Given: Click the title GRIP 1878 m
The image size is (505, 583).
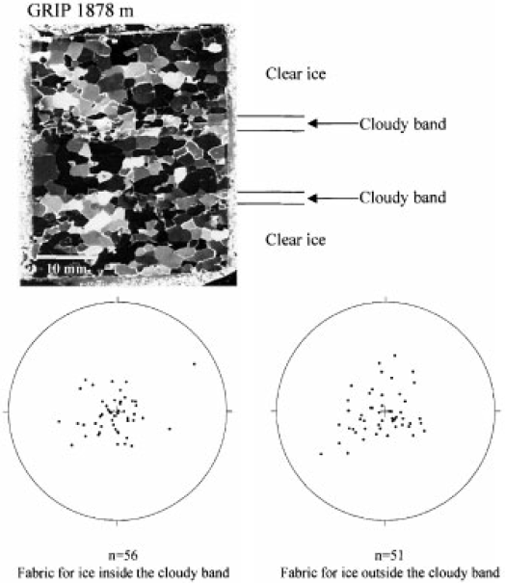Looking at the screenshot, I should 80,11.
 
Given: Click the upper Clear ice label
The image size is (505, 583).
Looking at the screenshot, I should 295,74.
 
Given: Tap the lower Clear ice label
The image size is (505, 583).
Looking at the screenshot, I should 295,240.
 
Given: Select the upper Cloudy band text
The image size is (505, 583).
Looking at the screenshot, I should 403,124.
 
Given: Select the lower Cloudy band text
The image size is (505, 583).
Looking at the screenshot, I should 403,197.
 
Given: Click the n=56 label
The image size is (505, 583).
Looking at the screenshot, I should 123,555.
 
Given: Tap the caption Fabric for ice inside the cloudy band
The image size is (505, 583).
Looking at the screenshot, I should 123,573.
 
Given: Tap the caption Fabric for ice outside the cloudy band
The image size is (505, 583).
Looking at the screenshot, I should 390,573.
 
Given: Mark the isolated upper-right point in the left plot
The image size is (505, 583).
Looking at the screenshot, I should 194,364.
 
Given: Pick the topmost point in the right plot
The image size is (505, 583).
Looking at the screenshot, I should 395,355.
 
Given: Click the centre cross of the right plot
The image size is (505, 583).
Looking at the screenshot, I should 385,411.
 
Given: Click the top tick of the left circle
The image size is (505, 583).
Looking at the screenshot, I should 117,299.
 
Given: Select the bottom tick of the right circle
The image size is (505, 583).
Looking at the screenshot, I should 385,523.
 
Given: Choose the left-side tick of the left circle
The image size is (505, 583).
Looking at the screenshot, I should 6,411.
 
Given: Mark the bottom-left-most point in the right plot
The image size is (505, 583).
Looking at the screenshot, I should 321,454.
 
